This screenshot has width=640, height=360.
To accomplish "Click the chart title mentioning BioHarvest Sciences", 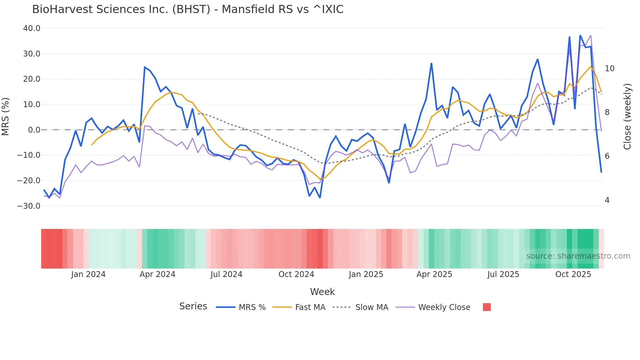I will pos(188,9).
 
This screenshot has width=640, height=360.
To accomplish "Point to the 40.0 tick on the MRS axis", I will pos(32,28).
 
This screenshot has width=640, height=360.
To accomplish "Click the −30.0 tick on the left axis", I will pos(29,206).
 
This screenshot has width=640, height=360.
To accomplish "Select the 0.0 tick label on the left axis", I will pos(34,130).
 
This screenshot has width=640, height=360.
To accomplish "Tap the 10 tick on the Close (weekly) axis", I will pos(609,69).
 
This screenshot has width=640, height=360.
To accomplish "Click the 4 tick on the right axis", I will pos(607,200).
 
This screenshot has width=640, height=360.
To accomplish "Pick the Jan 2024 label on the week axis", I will pos(88,274).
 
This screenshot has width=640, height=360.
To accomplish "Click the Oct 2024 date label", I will pos(296,274).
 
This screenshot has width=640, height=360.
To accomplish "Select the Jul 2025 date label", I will pos(503,274).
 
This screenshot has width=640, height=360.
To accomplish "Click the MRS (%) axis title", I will pos(6,117).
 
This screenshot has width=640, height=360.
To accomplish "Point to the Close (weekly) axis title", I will pos(627,117).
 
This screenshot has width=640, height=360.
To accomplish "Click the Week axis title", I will pos(322,292).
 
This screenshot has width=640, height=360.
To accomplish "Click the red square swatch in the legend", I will pos(487,307).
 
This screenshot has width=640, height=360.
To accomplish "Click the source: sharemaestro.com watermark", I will pos(578,256).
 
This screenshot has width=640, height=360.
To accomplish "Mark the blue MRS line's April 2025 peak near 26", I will pos(431,63).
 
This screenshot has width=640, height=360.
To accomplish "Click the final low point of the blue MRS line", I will pos(601,172).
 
